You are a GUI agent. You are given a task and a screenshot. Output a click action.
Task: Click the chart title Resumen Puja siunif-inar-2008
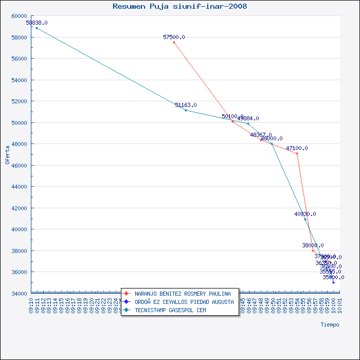point(179,7)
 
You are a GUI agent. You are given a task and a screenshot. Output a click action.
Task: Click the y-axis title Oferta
point(7,154)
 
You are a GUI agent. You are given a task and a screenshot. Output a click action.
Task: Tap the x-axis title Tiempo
point(330,325)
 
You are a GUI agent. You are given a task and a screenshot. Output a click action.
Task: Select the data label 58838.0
point(37,23)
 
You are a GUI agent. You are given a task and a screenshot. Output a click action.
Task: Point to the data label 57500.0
point(174,37)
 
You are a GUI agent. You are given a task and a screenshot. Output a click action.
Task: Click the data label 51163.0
point(186,105)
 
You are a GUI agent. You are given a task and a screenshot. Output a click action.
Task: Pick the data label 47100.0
point(297,148)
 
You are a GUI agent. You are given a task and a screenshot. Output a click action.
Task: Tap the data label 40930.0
point(305,214)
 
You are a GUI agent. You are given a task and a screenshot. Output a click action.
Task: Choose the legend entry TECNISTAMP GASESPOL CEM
point(170,310)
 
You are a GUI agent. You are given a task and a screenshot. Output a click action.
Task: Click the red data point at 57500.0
point(174,42)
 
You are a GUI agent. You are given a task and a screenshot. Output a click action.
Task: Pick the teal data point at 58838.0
point(37,28)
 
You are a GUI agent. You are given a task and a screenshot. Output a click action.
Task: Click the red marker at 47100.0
point(297,153)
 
